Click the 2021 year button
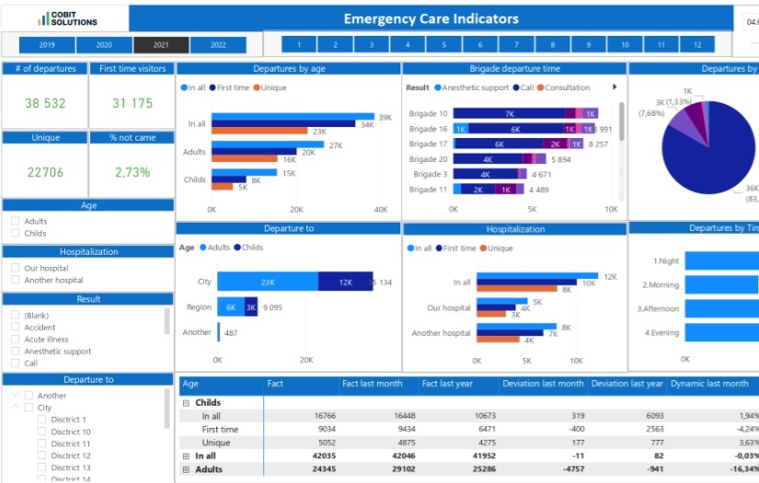click(161, 45)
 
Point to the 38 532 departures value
click(45, 104)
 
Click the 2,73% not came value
click(132, 172)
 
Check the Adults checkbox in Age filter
click(16, 222)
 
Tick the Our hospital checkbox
click(16, 269)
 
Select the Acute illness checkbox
click(16, 339)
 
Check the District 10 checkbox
click(41, 431)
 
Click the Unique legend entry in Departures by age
click(271, 87)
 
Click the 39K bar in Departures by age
click(293, 117)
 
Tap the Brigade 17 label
click(430, 144)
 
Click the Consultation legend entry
click(566, 87)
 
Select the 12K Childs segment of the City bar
click(345, 282)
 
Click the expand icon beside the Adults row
click(187, 469)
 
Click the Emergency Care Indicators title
click(431, 18)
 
